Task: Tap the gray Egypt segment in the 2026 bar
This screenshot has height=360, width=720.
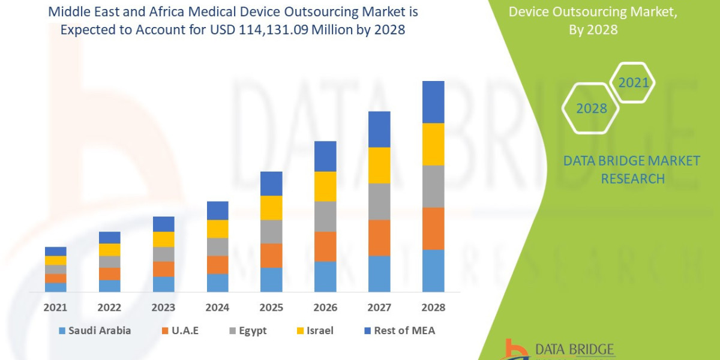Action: pyautogui.click(x=325, y=216)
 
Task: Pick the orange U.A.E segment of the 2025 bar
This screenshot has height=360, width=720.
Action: pyautogui.click(x=271, y=256)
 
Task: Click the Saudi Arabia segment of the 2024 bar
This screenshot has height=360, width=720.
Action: pyautogui.click(x=217, y=283)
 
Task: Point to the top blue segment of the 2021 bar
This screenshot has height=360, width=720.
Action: pyautogui.click(x=56, y=251)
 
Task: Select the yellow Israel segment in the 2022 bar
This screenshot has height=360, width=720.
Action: pyautogui.click(x=110, y=250)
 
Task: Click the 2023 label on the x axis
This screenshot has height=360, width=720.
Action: pyautogui.click(x=163, y=307)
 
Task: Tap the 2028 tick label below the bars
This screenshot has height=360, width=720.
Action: pyautogui.click(x=433, y=307)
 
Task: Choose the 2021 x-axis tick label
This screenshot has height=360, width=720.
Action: pyautogui.click(x=56, y=307)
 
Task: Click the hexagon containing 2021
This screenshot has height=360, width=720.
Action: pyautogui.click(x=632, y=82)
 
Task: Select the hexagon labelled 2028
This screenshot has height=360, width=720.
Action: pyautogui.click(x=590, y=108)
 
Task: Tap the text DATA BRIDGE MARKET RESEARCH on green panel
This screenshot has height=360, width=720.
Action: pyautogui.click(x=632, y=169)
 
